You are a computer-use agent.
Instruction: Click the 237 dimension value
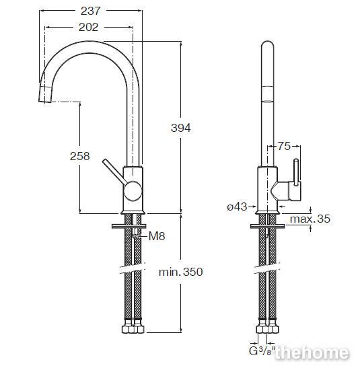[91, 11]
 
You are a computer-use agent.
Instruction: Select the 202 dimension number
[88, 28]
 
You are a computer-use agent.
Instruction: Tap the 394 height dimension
[181, 128]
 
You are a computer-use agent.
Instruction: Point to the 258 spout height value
[80, 156]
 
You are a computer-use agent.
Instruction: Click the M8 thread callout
[157, 236]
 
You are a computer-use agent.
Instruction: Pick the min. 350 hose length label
[181, 272]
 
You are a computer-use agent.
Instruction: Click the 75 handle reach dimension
[284, 146]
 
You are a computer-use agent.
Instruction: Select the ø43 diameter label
[237, 207]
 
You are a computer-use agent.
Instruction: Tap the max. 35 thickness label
[310, 219]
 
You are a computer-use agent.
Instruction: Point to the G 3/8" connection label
[262, 351]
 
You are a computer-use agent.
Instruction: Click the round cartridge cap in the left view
[133, 191]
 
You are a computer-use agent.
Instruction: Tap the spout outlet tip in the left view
[45, 94]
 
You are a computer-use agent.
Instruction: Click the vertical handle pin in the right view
[296, 172]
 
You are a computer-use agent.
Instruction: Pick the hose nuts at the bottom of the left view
[133, 328]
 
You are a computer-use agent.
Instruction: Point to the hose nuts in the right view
[268, 328]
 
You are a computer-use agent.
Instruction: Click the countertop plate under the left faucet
[129, 226]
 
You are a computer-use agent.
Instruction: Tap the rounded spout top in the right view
[267, 45]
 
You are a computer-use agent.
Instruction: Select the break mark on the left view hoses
[133, 268]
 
